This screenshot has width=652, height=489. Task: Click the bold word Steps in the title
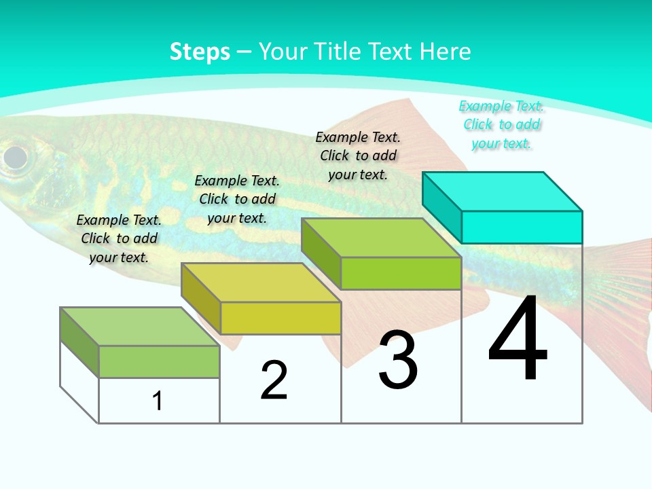200,52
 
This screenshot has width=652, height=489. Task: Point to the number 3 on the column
398,360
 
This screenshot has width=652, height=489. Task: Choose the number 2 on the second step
274,380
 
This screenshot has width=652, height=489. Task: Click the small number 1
158,401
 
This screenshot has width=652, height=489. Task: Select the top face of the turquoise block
503,191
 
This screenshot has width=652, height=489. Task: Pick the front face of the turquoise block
522,227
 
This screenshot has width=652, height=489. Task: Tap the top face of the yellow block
261,282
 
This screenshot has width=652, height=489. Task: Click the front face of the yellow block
280,318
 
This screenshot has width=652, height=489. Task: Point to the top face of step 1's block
140,326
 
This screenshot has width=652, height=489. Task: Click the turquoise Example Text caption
501,124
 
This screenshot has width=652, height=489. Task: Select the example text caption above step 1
119,238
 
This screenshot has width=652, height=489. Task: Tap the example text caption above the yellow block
237,199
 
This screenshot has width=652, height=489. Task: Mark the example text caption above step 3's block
358,156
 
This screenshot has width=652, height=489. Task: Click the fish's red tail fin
621,306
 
